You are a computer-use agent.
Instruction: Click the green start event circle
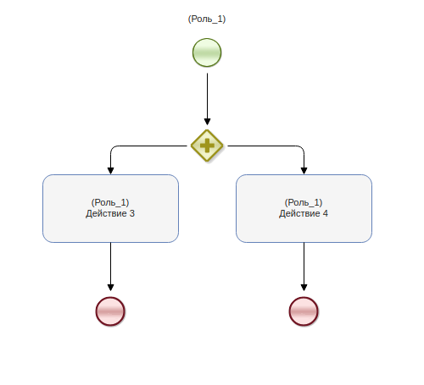point(207,52)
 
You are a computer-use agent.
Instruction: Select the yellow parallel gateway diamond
point(207,146)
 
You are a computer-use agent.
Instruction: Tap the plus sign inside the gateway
point(207,146)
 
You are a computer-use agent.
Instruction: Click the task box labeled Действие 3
point(110,208)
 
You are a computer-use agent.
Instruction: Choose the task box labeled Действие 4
point(304,208)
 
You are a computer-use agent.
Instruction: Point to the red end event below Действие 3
point(110,311)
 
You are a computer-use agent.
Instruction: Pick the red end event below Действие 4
point(304,311)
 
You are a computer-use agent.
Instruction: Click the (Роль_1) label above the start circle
point(207,19)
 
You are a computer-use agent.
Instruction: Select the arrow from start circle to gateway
point(207,99)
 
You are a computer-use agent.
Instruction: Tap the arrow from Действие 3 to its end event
point(110,267)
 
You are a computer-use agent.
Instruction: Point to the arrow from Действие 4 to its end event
point(304,267)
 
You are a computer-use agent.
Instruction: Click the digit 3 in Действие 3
point(132,213)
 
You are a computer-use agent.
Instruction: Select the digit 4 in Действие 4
point(326,213)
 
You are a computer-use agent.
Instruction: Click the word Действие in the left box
point(106,213)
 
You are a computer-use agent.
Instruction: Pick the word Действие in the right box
point(299,213)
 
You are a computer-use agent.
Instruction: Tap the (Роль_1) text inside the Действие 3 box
point(110,202)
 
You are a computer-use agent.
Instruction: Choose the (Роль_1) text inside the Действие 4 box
point(304,202)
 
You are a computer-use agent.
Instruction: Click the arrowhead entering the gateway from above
point(207,122)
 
